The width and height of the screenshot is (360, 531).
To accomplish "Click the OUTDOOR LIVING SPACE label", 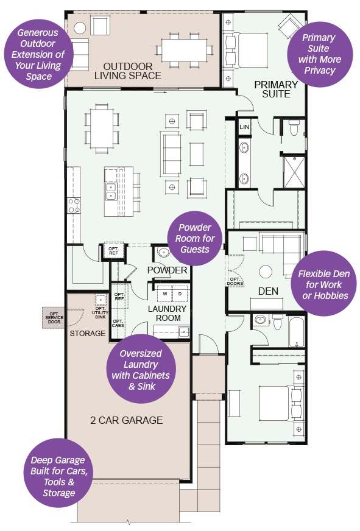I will (x=132, y=71).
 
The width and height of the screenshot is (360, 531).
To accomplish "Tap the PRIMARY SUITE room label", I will (x=276, y=90).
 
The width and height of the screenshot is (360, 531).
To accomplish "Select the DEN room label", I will (x=268, y=291).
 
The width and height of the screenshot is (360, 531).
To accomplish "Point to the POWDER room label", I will (x=167, y=270).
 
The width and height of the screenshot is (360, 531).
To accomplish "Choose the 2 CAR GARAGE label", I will (x=126, y=420).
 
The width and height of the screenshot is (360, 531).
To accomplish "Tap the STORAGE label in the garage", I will (x=87, y=334).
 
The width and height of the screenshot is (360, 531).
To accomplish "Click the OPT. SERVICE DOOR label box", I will (x=54, y=317).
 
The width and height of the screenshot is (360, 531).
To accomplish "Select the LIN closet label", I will (x=245, y=127).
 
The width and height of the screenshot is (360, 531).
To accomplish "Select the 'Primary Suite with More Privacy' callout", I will (x=320, y=54).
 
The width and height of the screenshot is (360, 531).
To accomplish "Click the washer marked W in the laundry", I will (x=164, y=294).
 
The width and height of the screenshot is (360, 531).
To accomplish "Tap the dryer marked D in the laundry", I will (x=180, y=294).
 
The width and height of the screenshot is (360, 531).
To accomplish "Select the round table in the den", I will (x=266, y=271).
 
